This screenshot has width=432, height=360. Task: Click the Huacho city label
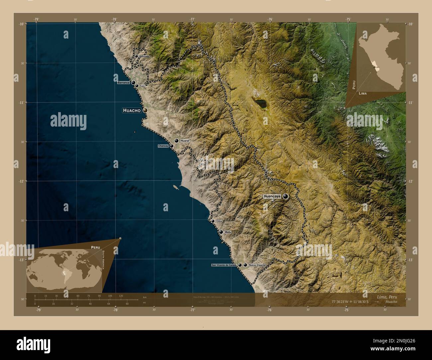(x=132, y=110)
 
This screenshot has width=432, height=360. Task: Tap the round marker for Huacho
(x=145, y=110)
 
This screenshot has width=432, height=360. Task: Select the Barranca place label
(x=123, y=82)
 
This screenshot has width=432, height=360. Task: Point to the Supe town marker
(x=137, y=86)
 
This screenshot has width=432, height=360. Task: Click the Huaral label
(x=184, y=141)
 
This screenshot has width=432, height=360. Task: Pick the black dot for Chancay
(x=171, y=146)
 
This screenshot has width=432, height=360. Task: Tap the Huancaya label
(x=272, y=196)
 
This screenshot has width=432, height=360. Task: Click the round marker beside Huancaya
(x=285, y=196)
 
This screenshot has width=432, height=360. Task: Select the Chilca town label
(x=219, y=221)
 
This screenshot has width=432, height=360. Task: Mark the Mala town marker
(x=221, y=232)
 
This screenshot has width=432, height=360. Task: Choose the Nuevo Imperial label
(x=257, y=265)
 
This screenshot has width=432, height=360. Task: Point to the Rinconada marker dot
(x=136, y=56)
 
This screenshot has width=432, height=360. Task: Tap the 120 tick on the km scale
(x=121, y=296)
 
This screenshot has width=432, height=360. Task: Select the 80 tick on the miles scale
(x=127, y=304)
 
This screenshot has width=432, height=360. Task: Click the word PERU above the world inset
(x=95, y=247)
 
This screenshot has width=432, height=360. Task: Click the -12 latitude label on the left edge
(x=21, y=181)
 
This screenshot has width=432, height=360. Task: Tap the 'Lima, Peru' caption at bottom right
(x=387, y=297)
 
